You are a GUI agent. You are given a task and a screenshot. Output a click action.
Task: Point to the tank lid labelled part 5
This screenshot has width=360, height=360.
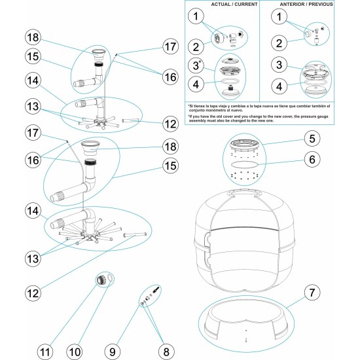point(247,143)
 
